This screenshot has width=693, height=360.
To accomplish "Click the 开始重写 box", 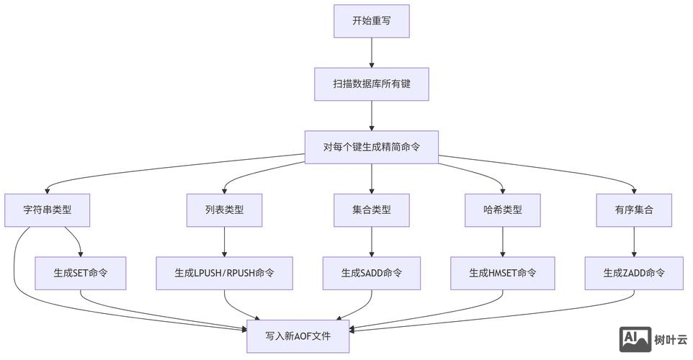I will [x=371, y=21].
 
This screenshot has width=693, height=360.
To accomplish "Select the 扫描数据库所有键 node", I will [x=371, y=84].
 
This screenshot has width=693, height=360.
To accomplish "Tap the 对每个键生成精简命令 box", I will [x=371, y=148].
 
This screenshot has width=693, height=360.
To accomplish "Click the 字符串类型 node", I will [x=48, y=210].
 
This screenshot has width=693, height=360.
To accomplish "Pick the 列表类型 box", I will [x=224, y=210].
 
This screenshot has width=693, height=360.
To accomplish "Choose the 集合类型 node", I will [x=371, y=210].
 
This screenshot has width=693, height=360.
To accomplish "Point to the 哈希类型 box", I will [x=502, y=210].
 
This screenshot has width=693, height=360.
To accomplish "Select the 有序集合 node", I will [x=634, y=210].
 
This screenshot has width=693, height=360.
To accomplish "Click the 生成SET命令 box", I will [x=81, y=274].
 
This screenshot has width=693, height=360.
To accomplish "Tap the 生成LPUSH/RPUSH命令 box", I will [x=224, y=274].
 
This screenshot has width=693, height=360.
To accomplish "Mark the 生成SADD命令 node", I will [x=371, y=274].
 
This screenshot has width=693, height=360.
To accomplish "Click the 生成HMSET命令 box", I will [x=502, y=274].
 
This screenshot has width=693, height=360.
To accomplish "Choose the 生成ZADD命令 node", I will [x=634, y=274].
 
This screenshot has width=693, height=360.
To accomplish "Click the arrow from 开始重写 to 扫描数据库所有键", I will [x=371, y=53].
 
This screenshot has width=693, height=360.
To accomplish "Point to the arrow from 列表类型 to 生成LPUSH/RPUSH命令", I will [x=224, y=242].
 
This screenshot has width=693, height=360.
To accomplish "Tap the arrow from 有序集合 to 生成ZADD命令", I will [x=634, y=242].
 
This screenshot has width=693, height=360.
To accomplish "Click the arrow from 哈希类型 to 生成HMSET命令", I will [x=502, y=242].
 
